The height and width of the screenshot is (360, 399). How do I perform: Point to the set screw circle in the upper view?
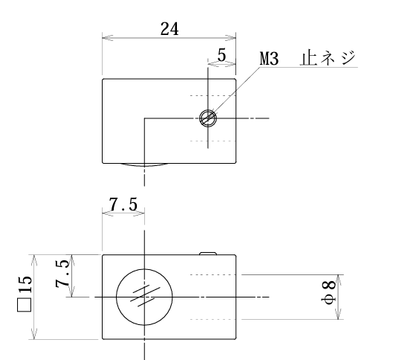click(208, 118)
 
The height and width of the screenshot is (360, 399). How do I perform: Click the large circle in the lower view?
click(145, 296)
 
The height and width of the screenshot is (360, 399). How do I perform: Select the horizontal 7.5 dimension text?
click(123, 204)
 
